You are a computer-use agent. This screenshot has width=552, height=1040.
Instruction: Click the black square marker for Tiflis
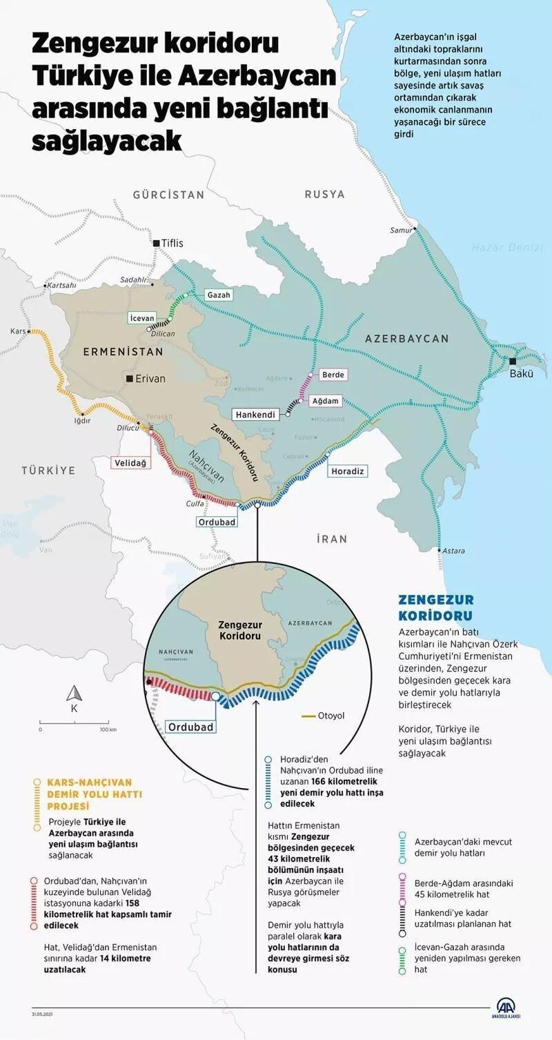tap(156, 243)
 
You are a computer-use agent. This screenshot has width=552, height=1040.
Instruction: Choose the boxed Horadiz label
tap(347, 471)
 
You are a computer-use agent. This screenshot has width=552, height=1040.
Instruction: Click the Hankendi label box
tap(255, 415)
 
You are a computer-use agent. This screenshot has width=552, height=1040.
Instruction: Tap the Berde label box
tap(333, 374)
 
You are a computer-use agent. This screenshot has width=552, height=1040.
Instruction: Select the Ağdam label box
tap(325, 401)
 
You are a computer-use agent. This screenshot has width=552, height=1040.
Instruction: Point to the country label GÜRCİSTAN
tap(169, 195)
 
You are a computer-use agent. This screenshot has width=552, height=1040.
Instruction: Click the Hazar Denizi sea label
tap(507, 247)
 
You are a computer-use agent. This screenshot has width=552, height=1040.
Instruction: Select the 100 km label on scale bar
tap(108, 729)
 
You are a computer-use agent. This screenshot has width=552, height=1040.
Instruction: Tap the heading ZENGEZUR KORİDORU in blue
tap(435, 607)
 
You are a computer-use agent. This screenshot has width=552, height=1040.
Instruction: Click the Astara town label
tap(453, 551)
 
